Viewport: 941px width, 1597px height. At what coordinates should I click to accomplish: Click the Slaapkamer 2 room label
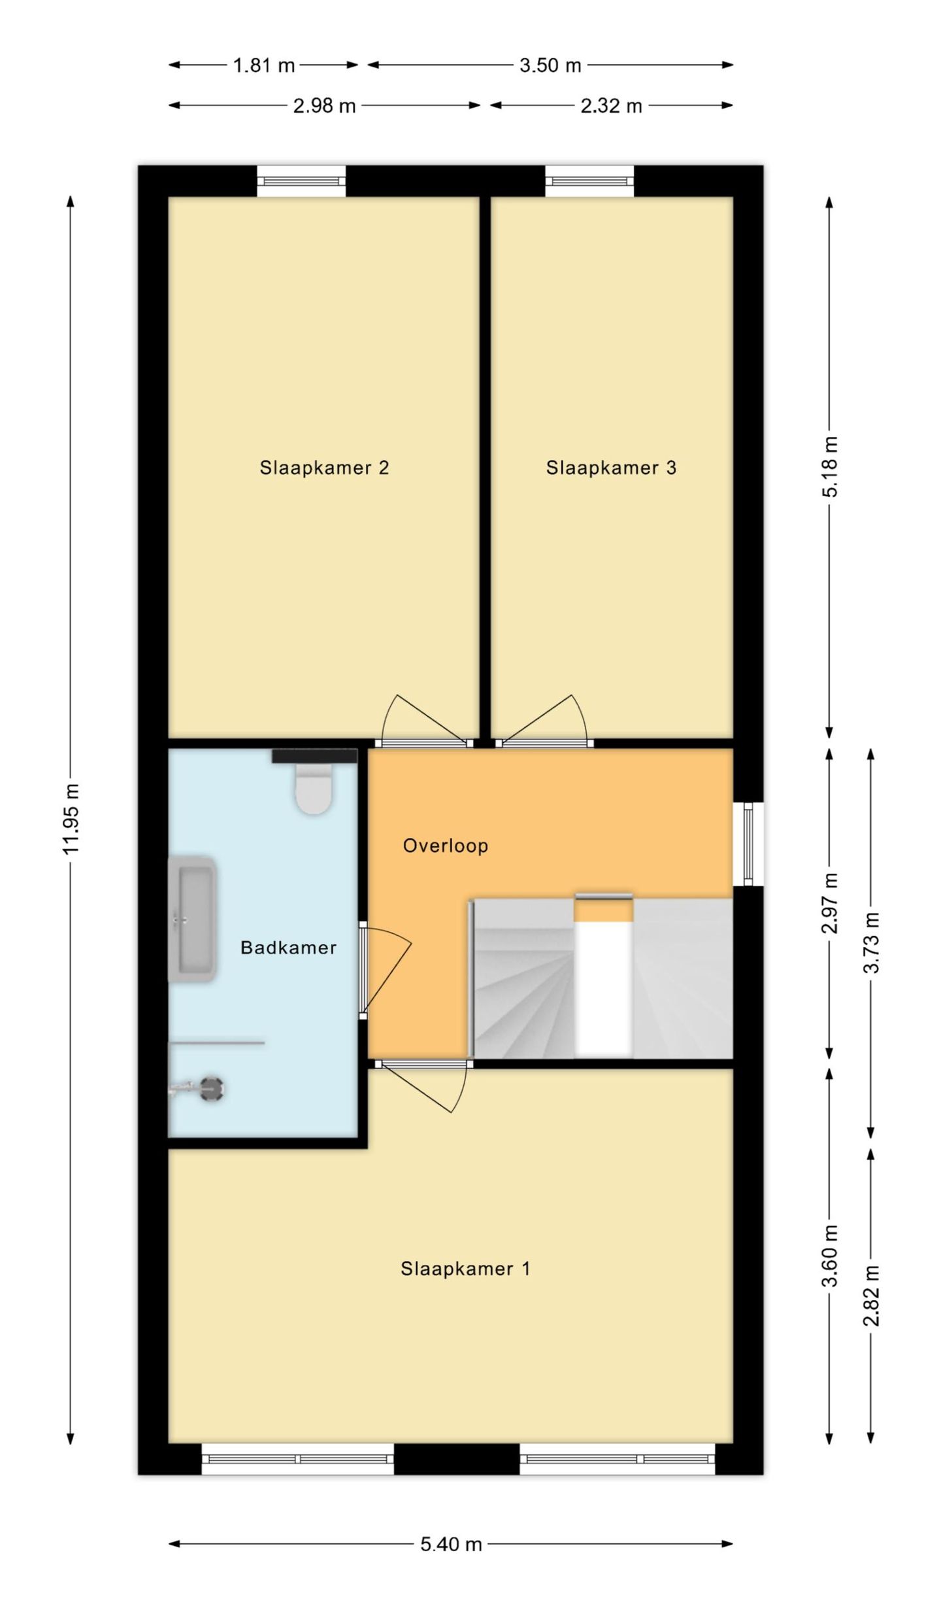pos(324,468)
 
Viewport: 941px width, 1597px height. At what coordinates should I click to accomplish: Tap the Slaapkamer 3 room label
pos(611,468)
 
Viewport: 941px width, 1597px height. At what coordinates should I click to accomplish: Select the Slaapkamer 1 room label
pos(465,1269)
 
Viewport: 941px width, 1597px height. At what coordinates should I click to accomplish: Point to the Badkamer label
pos(288,948)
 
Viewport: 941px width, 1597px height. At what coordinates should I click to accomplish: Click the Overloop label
pos(446,846)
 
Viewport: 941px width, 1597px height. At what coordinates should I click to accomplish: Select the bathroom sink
pos(193,919)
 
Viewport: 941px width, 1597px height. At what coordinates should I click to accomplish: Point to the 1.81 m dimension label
pos(264,65)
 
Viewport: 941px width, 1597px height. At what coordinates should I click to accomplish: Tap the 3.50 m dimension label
pos(550,65)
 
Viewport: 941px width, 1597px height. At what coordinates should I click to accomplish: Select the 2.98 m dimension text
pos(324,106)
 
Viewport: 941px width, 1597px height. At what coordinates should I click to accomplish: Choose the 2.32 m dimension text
pos(611,106)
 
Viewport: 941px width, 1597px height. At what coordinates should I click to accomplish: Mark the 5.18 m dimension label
pos(829,467)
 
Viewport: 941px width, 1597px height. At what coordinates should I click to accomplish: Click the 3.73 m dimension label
pos(871,942)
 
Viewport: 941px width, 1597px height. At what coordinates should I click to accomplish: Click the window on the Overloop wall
pos(748,844)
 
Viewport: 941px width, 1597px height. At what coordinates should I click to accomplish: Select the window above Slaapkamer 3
pos(589,181)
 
